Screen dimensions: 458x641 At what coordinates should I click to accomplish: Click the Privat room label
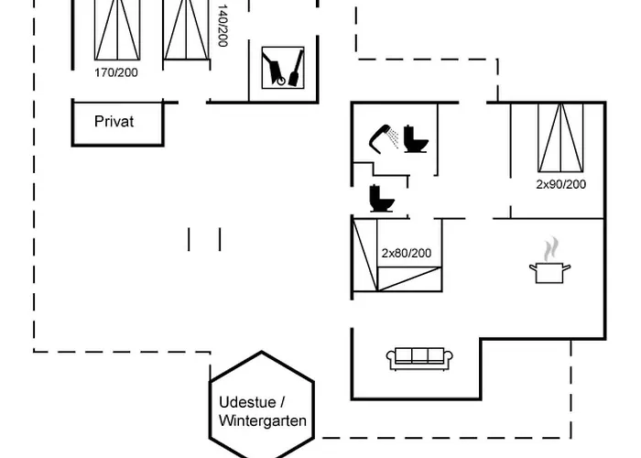pyautogui.click(x=114, y=121)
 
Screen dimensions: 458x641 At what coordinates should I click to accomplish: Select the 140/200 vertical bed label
pyautogui.click(x=223, y=26)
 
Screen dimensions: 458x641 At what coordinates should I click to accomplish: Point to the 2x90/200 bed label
pyautogui.click(x=560, y=184)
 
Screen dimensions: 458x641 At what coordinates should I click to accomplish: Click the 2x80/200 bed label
pyautogui.click(x=406, y=253)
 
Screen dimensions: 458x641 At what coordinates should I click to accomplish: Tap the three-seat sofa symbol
pyautogui.click(x=417, y=358)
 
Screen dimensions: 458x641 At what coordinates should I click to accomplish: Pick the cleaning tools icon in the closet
pyautogui.click(x=282, y=67)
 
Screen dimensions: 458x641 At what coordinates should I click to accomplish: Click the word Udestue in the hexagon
pyautogui.click(x=252, y=402)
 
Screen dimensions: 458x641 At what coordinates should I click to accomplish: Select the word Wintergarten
pyautogui.click(x=263, y=421)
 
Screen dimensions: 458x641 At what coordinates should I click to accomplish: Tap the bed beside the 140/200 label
pyautogui.click(x=187, y=27)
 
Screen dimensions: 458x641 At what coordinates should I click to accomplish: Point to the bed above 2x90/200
pyautogui.click(x=560, y=137)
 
